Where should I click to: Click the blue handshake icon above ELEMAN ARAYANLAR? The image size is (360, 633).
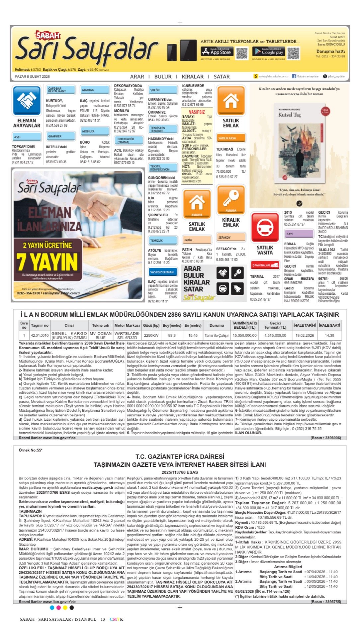[x=26, y=100]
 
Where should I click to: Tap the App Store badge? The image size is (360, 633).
[x=217, y=52]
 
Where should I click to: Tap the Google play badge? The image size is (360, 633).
[x=268, y=52]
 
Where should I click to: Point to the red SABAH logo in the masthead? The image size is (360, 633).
[x=48, y=35]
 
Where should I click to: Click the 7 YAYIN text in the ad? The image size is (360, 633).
[x=47, y=262]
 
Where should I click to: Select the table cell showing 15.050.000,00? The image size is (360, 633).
[x=244, y=336]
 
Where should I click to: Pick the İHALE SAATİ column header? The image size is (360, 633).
[x=329, y=325]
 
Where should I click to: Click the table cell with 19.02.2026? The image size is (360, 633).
[x=305, y=336]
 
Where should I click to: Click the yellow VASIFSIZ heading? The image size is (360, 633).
[x=197, y=112]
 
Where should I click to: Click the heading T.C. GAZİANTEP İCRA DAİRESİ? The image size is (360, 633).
[x=180, y=457]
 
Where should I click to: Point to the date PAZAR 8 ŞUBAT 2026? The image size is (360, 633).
[x=32, y=76]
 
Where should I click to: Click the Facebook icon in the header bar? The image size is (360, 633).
[x=294, y=76]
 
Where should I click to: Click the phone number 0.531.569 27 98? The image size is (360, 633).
[x=56, y=125]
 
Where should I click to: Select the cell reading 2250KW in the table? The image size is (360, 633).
[x=151, y=336]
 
